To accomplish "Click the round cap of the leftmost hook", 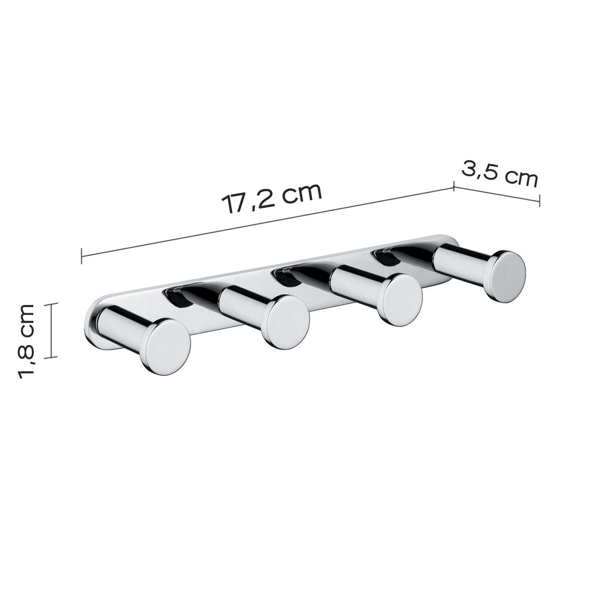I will tap(167, 347).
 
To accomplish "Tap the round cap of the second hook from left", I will tap(287, 321).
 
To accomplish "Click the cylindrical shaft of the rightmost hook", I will tap(462, 260).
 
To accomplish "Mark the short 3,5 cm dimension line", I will tap(496, 194).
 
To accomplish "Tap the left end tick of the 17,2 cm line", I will tap(81, 256).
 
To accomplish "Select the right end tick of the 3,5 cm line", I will tap(539, 201).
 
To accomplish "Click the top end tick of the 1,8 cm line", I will tap(52, 304).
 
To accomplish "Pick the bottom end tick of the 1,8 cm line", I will tap(52, 357).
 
